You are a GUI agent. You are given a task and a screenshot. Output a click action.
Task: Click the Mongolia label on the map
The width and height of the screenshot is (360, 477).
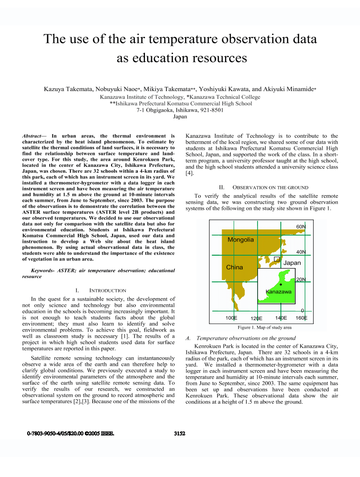(241, 239)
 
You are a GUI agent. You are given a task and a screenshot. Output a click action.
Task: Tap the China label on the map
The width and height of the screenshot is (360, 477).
(234, 267)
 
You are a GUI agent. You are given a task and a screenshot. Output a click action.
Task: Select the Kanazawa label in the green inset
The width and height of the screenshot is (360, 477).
(278, 291)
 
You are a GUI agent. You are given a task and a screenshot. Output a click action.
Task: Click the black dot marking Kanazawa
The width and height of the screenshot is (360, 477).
(281, 284)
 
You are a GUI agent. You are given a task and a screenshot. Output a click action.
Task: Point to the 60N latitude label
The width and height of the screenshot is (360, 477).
(301, 226)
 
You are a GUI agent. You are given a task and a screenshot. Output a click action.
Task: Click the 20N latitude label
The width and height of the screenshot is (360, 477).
(301, 279)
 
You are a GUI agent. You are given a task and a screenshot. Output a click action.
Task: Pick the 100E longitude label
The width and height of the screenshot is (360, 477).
(231, 318)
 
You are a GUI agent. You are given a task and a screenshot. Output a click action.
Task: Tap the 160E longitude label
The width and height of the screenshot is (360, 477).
(301, 318)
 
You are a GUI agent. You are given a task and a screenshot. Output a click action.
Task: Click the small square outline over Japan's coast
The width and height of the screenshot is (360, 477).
(277, 259)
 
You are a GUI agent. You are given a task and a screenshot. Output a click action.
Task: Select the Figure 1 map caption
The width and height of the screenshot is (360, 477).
(264, 328)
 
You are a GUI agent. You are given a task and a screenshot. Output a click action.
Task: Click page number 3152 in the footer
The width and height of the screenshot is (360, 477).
(180, 434)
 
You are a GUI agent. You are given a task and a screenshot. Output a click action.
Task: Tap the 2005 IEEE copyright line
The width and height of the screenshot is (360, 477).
(70, 434)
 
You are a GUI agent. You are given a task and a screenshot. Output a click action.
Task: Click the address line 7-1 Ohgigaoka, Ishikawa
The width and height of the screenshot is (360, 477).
(180, 110)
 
